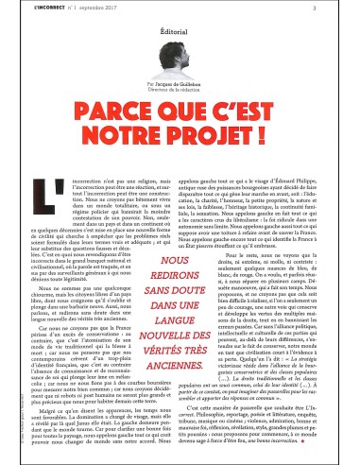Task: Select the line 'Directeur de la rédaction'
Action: pyautogui.click(x=180, y=116)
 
